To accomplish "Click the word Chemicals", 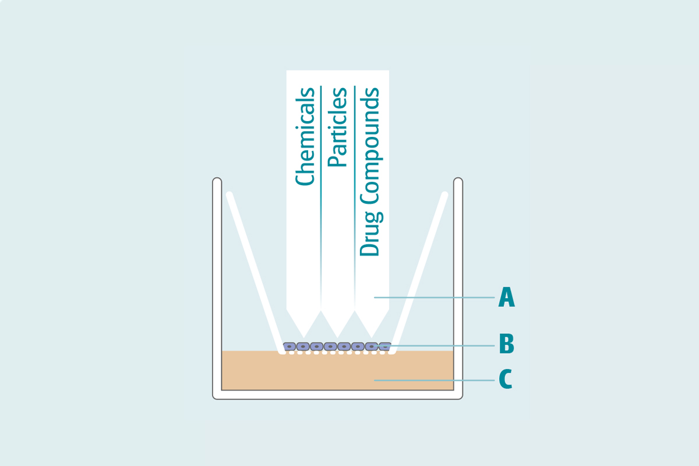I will [x=305, y=136].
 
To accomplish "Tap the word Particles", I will [x=337, y=127].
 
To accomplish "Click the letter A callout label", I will [x=506, y=298].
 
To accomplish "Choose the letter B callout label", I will [x=506, y=344].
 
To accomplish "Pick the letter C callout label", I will [x=506, y=380].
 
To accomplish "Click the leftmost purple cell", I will [x=290, y=347].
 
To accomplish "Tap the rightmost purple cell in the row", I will [x=384, y=347].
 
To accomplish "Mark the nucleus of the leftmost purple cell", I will [x=290, y=347].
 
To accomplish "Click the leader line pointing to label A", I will [x=434, y=298].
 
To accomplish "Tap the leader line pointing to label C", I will [x=434, y=380].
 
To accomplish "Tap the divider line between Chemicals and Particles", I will [x=321, y=175].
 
